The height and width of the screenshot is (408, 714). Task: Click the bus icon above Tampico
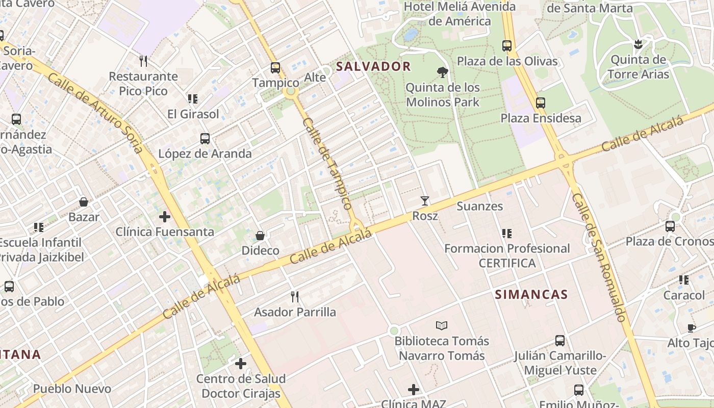(x=275, y=67)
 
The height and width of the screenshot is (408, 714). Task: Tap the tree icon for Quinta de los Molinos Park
(x=443, y=72)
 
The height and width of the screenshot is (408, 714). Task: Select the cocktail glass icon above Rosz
(x=425, y=201)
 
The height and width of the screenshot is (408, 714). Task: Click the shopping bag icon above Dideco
(x=260, y=236)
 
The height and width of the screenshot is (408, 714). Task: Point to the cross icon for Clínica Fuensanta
(x=164, y=217)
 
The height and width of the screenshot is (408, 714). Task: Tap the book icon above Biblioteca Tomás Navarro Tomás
(x=442, y=325)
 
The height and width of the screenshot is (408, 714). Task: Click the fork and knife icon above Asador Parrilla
(x=295, y=296)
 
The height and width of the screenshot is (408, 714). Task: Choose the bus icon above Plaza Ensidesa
(x=541, y=103)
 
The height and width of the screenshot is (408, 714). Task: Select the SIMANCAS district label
(x=531, y=294)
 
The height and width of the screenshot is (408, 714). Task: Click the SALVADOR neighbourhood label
(x=373, y=66)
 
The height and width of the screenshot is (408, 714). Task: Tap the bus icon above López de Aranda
(x=205, y=138)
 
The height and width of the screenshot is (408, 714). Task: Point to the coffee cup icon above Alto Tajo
(x=692, y=328)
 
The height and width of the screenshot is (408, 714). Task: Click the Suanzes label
(x=479, y=206)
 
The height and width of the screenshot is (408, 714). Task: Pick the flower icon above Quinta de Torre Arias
(x=637, y=44)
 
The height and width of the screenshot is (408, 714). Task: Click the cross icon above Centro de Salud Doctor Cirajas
(x=241, y=364)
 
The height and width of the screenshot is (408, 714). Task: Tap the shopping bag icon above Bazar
(x=84, y=202)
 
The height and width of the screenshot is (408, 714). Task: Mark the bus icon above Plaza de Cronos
(x=670, y=226)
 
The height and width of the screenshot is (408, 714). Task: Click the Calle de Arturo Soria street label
(x=95, y=113)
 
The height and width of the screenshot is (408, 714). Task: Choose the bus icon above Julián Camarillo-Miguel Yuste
(x=560, y=340)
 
